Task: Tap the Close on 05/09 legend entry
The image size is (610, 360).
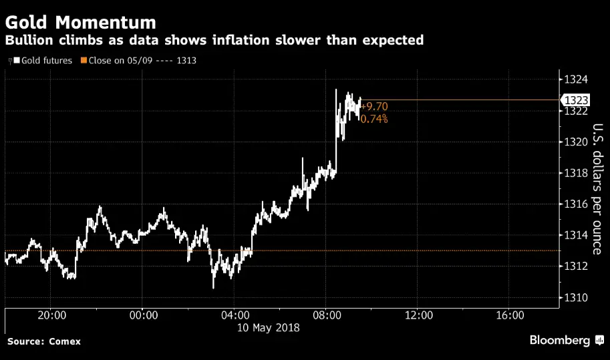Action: tap(142, 60)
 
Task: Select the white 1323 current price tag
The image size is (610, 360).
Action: tap(575, 100)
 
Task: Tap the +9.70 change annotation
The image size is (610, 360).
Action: tap(374, 106)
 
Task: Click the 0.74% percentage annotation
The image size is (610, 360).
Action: tap(374, 119)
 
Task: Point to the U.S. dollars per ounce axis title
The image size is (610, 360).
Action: tap(597, 189)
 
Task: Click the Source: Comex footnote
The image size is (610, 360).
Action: tap(44, 341)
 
